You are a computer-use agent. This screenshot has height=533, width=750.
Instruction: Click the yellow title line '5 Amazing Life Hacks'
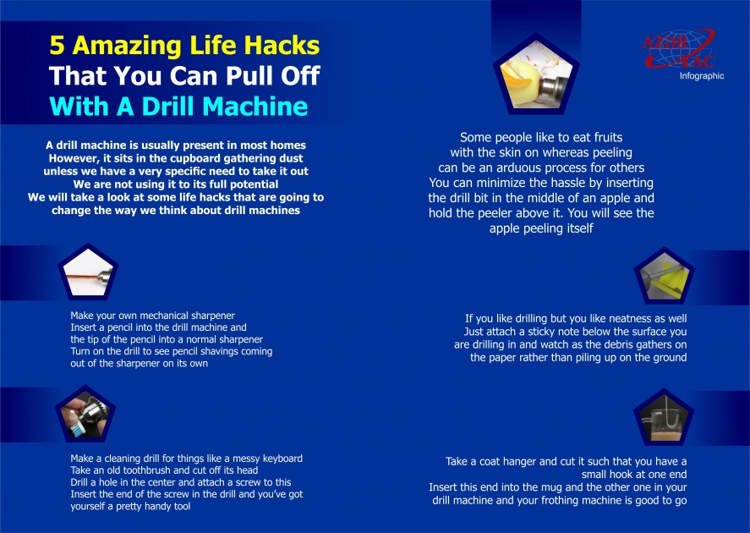tap(184, 45)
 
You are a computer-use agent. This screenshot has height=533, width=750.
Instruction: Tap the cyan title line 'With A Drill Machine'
tap(178, 107)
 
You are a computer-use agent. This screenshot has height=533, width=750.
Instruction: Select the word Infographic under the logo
tap(702, 76)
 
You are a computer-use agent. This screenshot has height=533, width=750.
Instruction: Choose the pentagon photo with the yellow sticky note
tap(664, 277)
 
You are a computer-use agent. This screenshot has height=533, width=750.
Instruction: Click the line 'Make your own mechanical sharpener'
tap(152, 315)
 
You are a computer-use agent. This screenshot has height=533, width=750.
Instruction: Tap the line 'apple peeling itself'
tap(541, 228)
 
